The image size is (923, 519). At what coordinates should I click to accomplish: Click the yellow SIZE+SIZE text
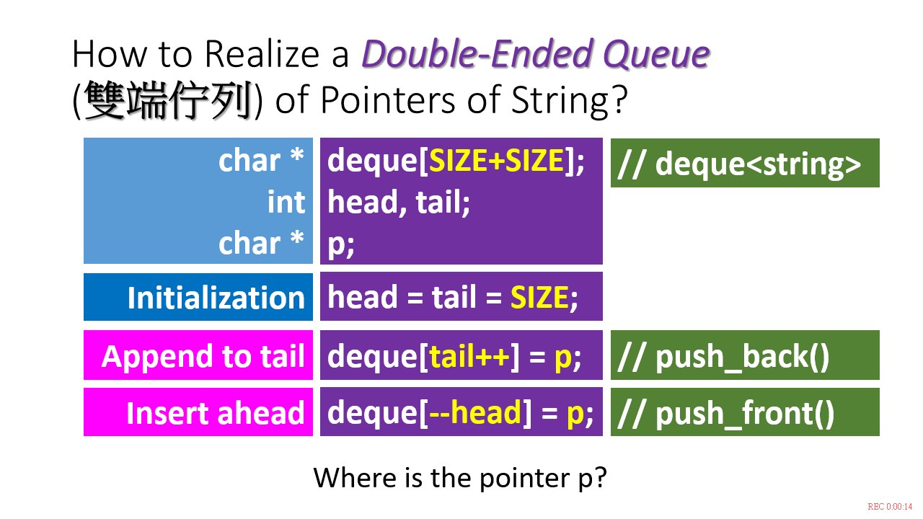point(497,160)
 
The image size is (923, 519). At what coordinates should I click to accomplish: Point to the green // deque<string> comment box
point(745,163)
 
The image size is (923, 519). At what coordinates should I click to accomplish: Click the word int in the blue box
point(286,203)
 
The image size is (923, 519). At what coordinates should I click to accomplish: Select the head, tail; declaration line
point(399,203)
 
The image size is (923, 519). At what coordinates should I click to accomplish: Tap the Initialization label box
point(198,297)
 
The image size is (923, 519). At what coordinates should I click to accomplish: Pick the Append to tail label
point(203,356)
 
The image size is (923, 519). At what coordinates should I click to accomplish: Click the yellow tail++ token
point(469,356)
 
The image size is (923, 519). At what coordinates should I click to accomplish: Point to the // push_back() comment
point(723,356)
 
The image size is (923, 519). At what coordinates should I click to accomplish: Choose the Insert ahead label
point(216,413)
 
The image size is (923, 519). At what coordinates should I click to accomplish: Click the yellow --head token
point(475,412)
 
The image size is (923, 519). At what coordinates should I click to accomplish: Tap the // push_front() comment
point(725,413)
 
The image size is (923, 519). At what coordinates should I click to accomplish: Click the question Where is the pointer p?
point(460,478)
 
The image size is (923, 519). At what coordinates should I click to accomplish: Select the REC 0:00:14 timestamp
point(890,507)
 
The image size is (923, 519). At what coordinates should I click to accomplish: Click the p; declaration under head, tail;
point(341,244)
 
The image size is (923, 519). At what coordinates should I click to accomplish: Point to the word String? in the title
point(570,99)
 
